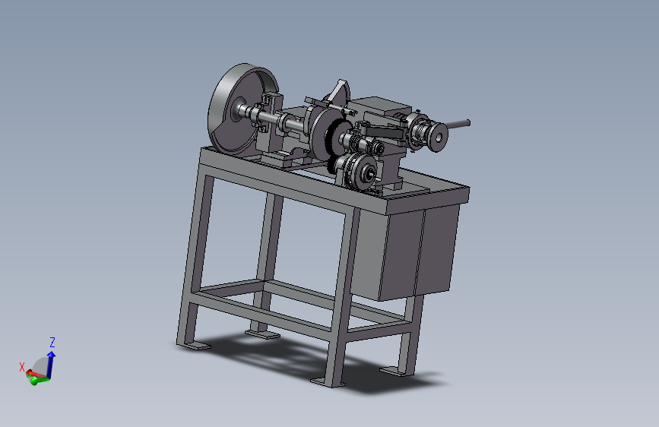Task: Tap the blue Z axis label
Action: (x=52, y=342)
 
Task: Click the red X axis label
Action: (x=22, y=367)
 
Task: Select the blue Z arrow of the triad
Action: (x=51, y=364)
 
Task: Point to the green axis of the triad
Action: (x=38, y=381)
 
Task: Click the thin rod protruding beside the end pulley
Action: (x=458, y=124)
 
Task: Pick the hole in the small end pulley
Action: (x=439, y=137)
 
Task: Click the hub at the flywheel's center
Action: (x=239, y=109)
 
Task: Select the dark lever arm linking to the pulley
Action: (x=382, y=132)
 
